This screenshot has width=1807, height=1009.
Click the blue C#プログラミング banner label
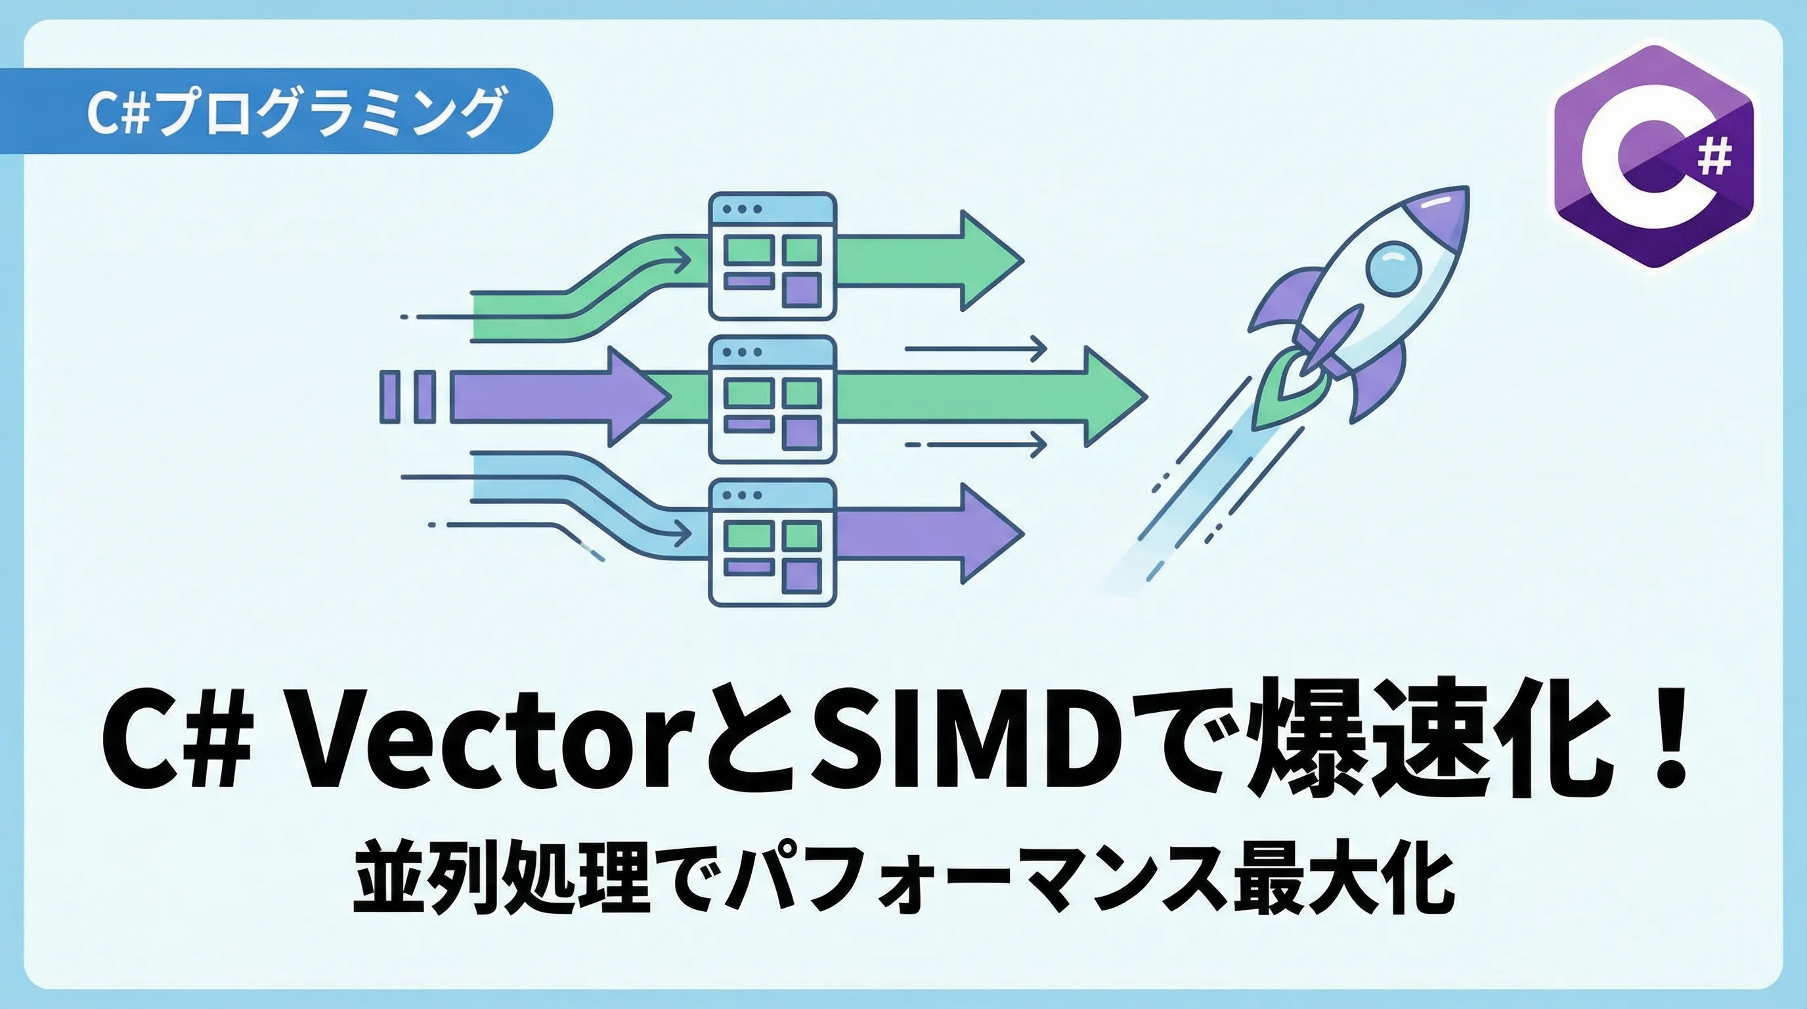[x=295, y=111]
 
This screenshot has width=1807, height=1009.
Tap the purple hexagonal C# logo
[x=1653, y=156]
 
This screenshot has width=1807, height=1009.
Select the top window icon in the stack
[x=772, y=256]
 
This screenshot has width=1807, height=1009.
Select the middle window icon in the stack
[x=772, y=399]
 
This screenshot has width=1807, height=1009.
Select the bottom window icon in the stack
[x=772, y=541]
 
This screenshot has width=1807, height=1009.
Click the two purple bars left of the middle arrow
[x=408, y=397]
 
